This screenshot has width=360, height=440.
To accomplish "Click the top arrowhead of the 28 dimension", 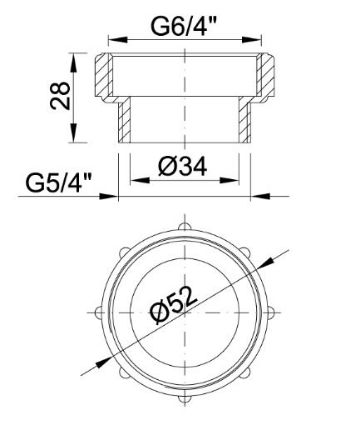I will tap(72, 59).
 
